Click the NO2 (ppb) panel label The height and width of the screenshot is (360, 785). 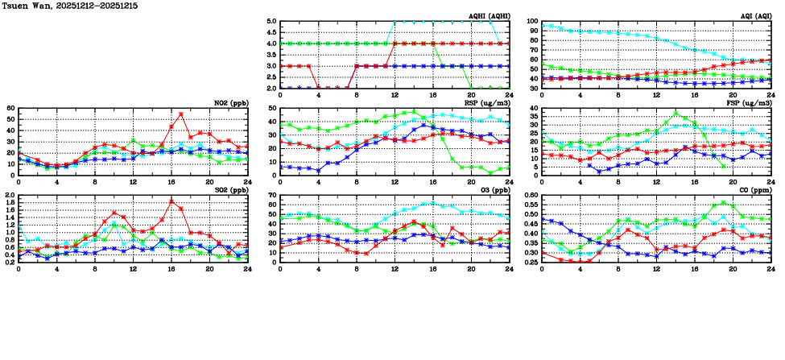pos(230,103)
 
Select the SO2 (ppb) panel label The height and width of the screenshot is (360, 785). pos(230,190)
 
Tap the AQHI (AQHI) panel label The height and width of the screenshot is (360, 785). pos(488,16)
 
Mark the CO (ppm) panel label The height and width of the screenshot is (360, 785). pos(755,190)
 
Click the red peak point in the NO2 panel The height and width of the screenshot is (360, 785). pos(181,114)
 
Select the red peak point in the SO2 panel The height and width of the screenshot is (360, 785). pos(171,201)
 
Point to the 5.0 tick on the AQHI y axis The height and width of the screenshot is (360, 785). pos(271,22)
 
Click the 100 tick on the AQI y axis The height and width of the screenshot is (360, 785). pos(531,22)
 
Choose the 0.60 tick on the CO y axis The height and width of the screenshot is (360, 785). pos(530,196)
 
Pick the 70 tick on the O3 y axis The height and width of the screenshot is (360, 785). pos(272,196)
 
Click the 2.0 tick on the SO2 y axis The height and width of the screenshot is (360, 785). pos(10,196)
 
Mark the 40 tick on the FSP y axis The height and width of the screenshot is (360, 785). pos(533,108)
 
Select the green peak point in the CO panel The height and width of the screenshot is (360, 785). pos(724,203)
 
